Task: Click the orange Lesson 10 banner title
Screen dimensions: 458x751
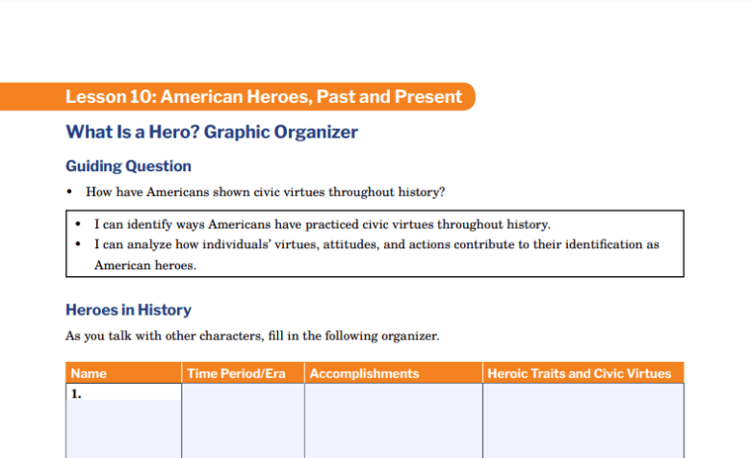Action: tap(264, 96)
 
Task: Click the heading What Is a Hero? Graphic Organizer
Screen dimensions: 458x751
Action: tap(212, 132)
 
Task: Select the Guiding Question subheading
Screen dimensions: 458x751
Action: tap(128, 165)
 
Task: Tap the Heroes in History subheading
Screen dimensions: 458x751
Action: tap(128, 310)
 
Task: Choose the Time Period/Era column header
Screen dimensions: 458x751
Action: tap(235, 373)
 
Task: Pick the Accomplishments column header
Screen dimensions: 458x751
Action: tap(365, 373)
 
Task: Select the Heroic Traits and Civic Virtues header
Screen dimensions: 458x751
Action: tap(580, 373)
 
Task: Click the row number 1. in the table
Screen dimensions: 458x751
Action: tap(76, 393)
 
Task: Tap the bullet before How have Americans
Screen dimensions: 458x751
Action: tap(70, 192)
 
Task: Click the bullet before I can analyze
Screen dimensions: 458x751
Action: tap(79, 244)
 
